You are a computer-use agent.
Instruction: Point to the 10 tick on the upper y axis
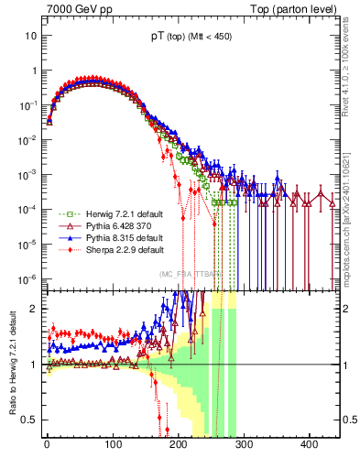pos(27,36)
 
